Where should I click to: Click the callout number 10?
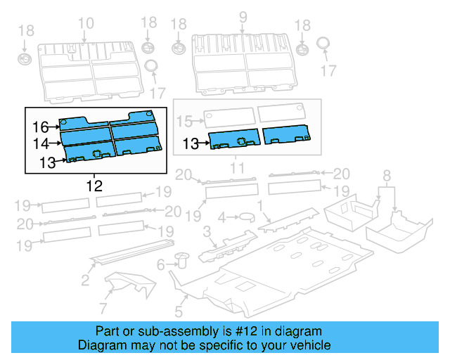pos(85,24)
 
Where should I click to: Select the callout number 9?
pos(243,16)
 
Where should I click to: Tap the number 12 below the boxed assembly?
pos(94,186)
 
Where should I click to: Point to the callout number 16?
pos(40,127)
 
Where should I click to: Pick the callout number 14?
pos(40,144)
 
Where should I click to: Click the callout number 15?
pos(184,122)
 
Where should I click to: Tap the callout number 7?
pos(103,308)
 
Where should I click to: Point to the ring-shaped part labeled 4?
pos(248,219)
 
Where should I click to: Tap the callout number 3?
pos(207,232)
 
